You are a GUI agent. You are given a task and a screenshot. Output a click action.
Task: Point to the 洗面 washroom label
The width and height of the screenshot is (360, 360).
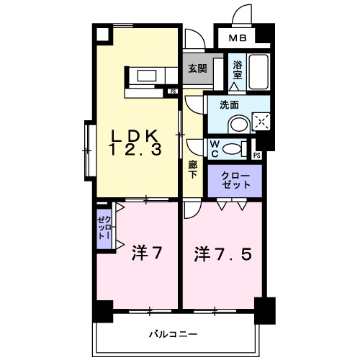[x=229, y=104]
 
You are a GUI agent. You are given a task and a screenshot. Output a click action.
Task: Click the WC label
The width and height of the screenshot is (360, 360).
[x=215, y=148]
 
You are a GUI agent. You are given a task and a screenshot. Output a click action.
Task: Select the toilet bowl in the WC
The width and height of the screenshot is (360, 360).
[x=233, y=149]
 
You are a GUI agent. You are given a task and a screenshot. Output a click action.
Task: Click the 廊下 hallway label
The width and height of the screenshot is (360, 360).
[x=192, y=170]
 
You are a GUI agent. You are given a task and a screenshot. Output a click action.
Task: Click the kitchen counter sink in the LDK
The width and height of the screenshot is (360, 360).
[x=148, y=74]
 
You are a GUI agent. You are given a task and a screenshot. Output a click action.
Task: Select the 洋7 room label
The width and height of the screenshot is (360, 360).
[x=145, y=253]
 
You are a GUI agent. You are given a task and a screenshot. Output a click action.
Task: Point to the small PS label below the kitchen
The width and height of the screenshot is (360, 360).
[x=173, y=91]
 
